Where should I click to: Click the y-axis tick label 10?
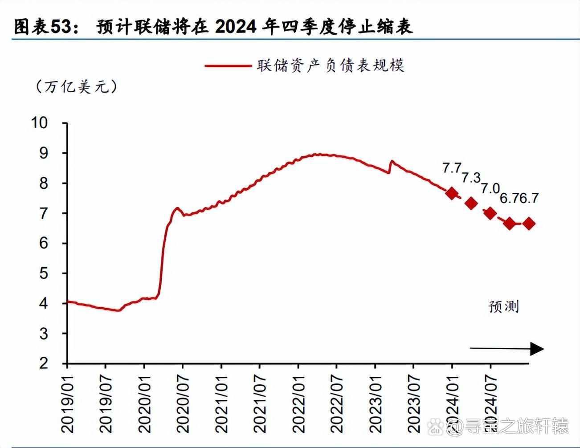click(x=39, y=122)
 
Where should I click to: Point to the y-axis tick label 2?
click(x=43, y=363)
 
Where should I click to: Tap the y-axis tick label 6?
click(x=43, y=243)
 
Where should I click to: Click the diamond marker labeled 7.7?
click(x=452, y=193)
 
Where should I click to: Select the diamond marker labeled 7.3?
click(x=471, y=203)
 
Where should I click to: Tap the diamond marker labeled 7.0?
click(x=490, y=213)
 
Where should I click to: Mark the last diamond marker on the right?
click(x=529, y=224)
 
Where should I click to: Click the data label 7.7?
click(x=452, y=168)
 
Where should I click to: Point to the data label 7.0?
click(x=490, y=188)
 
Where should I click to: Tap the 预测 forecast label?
click(x=504, y=306)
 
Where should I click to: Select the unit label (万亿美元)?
click(x=76, y=86)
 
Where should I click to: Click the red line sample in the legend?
click(x=228, y=66)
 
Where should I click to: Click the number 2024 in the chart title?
click(x=236, y=27)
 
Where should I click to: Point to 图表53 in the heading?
click(x=42, y=27)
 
